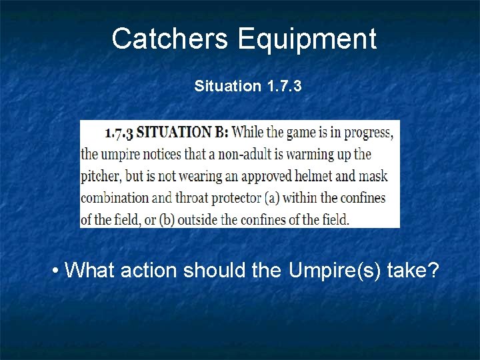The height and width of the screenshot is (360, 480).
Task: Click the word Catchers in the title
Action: (x=170, y=39)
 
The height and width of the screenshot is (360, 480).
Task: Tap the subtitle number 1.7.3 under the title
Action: (x=283, y=86)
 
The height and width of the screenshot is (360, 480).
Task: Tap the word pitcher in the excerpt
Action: (x=99, y=176)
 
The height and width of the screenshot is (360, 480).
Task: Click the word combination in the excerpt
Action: (x=115, y=197)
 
